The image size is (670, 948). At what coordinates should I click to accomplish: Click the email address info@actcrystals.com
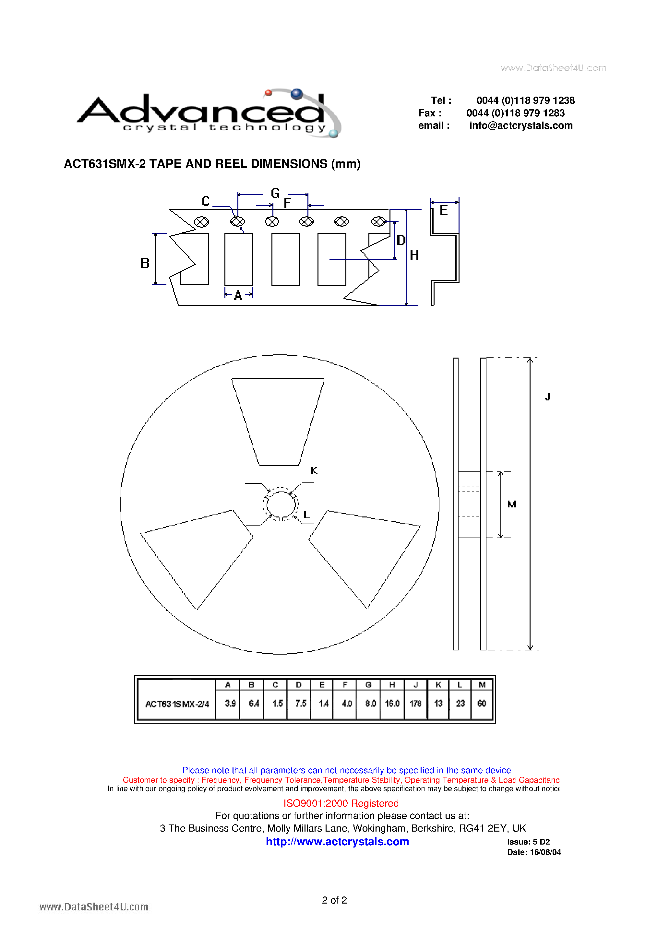tap(520, 125)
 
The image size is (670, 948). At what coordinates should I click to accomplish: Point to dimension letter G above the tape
tap(275, 193)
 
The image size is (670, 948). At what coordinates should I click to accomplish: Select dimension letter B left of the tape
tap(145, 263)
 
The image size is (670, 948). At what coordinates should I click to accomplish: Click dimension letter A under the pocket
tap(238, 296)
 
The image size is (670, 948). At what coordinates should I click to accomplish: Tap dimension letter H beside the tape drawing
tap(414, 255)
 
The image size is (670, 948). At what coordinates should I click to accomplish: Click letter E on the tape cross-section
tap(444, 210)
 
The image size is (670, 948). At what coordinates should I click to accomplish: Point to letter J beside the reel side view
tap(547, 397)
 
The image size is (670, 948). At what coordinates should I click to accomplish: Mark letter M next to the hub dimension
tap(512, 504)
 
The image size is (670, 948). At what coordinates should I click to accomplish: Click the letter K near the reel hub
tap(314, 471)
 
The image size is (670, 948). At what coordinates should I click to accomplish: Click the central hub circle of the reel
tap(281, 504)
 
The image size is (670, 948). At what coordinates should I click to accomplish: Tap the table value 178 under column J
tap(415, 703)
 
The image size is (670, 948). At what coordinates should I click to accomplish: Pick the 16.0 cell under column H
tap(392, 703)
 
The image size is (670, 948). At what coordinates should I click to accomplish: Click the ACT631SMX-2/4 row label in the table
tap(177, 704)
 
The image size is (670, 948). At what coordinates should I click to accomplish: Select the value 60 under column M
tap(482, 703)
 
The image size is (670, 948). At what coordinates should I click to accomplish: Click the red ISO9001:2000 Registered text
tap(341, 803)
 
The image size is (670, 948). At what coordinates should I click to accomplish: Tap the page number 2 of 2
tap(334, 900)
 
